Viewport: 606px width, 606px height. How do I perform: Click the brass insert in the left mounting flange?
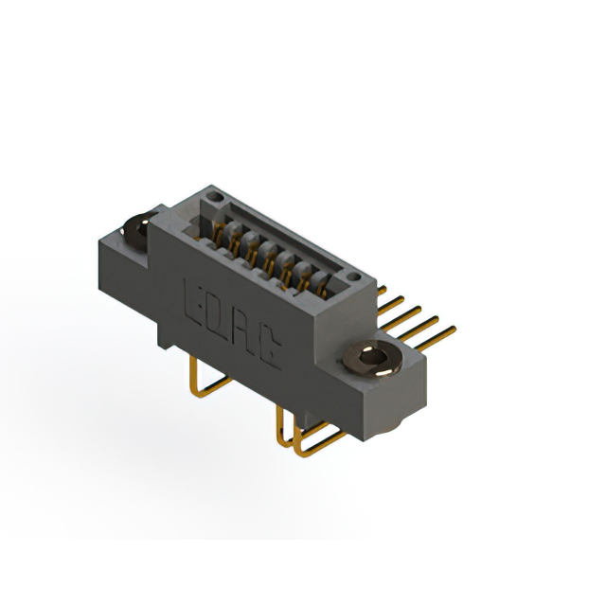coord(135,227)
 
